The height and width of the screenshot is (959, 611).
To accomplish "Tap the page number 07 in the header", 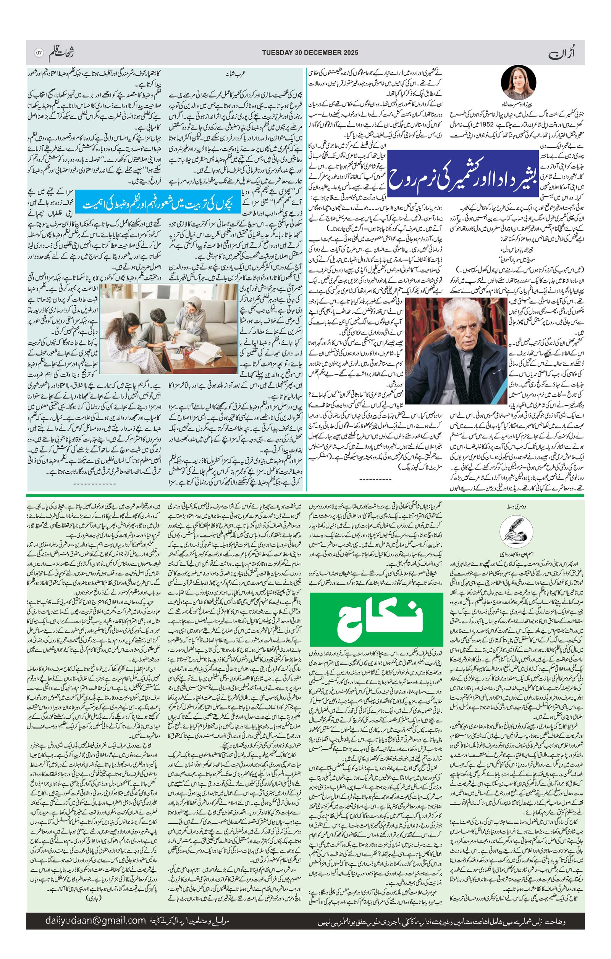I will (39, 53).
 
